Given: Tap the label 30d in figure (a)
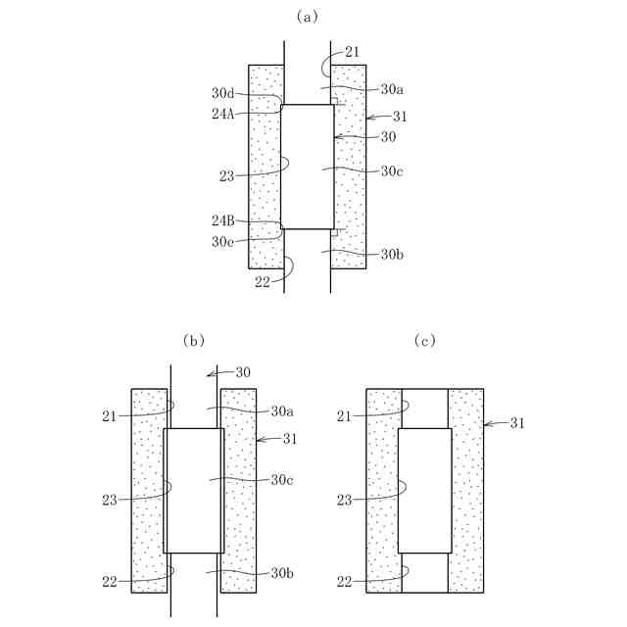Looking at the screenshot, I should coord(222,93).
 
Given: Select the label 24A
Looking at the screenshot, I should coord(222,113).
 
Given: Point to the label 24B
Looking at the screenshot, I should coord(222,222).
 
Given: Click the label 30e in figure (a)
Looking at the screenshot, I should coord(222,241).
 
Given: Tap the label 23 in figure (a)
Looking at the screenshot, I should coord(228,176).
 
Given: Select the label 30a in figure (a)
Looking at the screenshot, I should coord(392,89).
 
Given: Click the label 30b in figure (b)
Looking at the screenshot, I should coord(284,572).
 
